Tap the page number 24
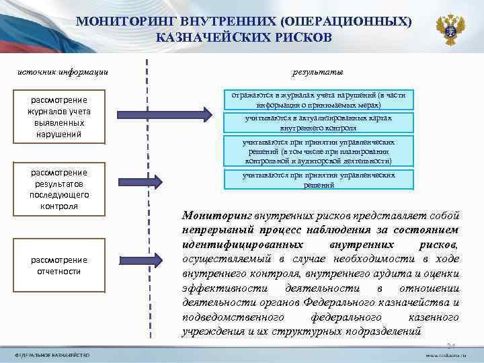tap(452, 344)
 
